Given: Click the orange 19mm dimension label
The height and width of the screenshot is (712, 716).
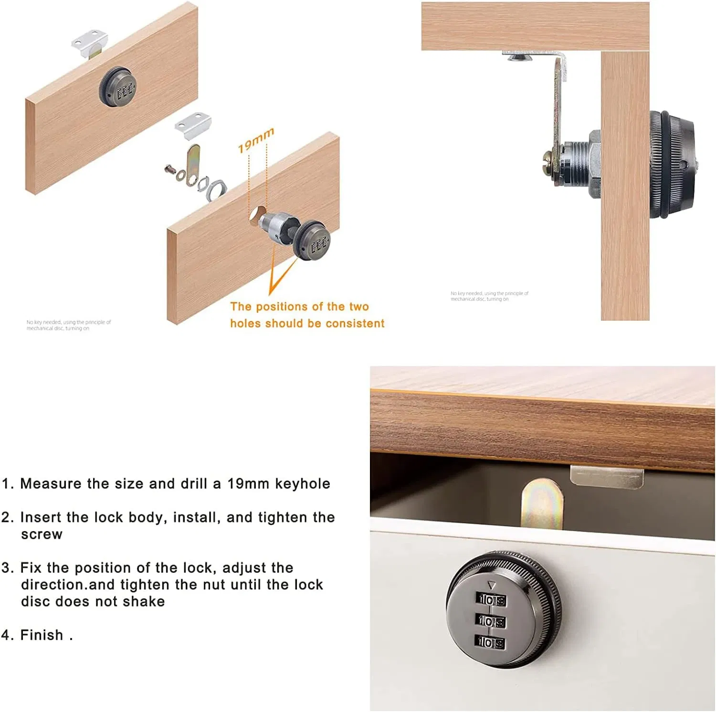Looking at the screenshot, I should (x=256, y=140).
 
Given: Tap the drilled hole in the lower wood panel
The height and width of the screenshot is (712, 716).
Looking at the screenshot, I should (x=256, y=215).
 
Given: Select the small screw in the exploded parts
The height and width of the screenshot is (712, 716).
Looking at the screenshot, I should (x=170, y=168).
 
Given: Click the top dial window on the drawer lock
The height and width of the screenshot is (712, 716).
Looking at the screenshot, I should (x=492, y=600).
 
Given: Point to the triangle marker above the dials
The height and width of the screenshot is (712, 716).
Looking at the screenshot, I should (x=492, y=584).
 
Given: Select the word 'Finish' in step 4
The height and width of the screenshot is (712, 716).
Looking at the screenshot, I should (x=42, y=635).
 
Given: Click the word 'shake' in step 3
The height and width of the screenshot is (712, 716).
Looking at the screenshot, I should (x=144, y=601).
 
